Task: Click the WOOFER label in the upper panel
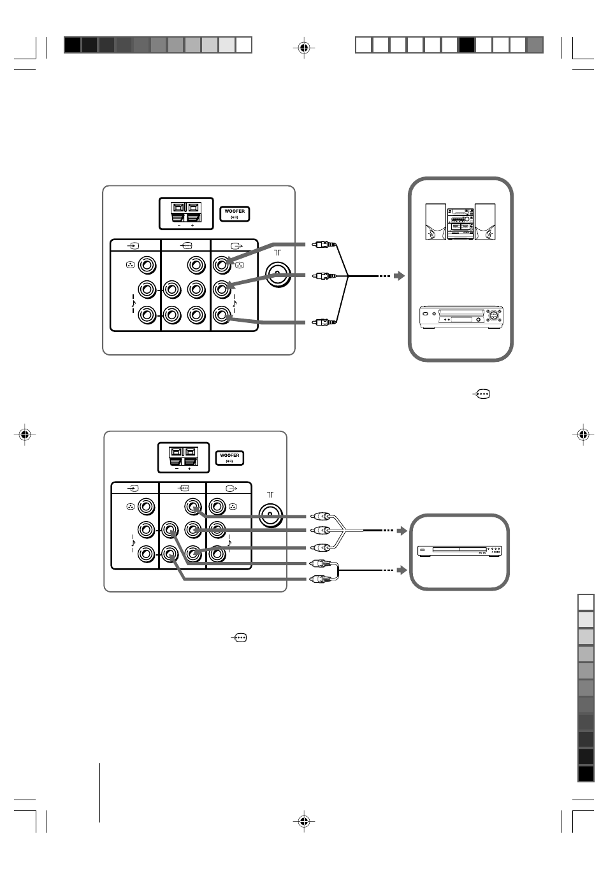pyautogui.click(x=235, y=214)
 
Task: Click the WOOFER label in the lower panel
pyautogui.click(x=229, y=458)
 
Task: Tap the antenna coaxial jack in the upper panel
pyautogui.click(x=279, y=275)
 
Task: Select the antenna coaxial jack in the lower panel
pyautogui.click(x=271, y=515)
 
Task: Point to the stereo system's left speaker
pyautogui.click(x=435, y=222)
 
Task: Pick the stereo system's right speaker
pyautogui.click(x=485, y=222)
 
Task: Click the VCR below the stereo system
pyautogui.click(x=461, y=317)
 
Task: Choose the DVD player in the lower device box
pyautogui.click(x=460, y=551)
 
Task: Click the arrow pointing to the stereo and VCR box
pyautogui.click(x=399, y=276)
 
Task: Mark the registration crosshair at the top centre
pyautogui.click(x=304, y=48)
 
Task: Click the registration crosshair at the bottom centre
pyautogui.click(x=304, y=821)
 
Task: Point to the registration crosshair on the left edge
pyautogui.click(x=25, y=434)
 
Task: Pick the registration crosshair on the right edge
pyautogui.click(x=583, y=434)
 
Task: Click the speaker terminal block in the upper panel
pyautogui.click(x=186, y=213)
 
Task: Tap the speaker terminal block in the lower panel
pyautogui.click(x=184, y=457)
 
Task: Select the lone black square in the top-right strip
pyautogui.click(x=467, y=45)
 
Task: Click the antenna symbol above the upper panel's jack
pyautogui.click(x=277, y=252)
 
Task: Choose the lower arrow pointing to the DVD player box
pyautogui.click(x=402, y=570)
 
